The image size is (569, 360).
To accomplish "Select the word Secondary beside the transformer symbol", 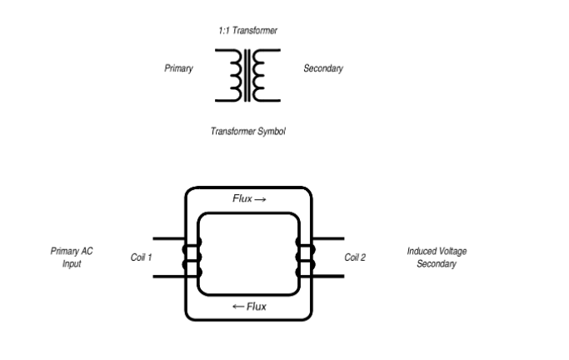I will (x=323, y=68).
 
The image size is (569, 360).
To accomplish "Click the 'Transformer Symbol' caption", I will (x=248, y=132).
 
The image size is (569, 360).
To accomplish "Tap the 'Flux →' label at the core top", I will (x=249, y=200).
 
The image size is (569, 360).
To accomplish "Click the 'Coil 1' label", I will (x=142, y=257).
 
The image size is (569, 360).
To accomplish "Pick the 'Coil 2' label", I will (x=355, y=257).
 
